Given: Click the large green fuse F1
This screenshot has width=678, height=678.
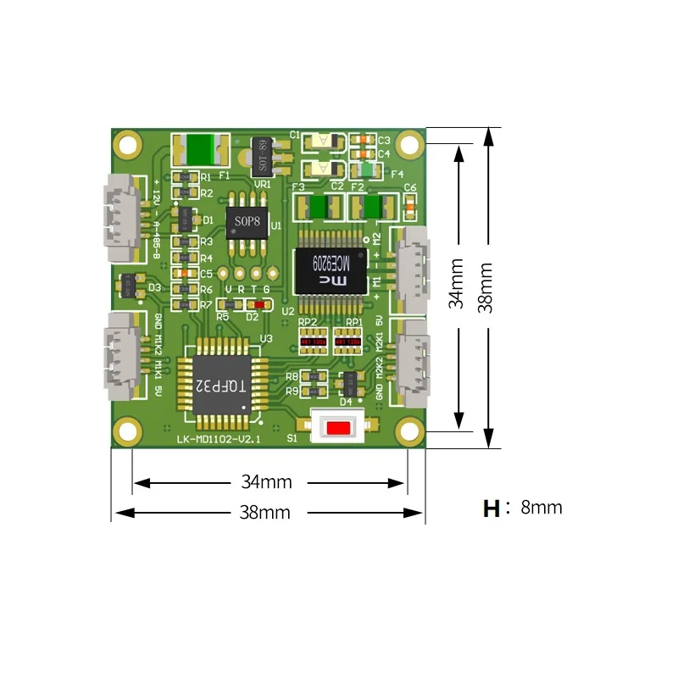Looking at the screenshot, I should (x=200, y=150).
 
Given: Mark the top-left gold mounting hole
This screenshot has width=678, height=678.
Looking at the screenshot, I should (x=128, y=143).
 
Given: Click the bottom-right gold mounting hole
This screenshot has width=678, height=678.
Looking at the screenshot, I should (x=410, y=431).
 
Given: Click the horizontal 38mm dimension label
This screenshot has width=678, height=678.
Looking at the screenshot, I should (x=265, y=512).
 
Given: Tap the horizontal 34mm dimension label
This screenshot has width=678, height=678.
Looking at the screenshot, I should (x=265, y=482).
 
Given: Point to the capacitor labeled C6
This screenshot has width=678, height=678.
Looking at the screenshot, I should (x=410, y=203).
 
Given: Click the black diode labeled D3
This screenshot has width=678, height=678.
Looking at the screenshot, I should (x=130, y=286).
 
